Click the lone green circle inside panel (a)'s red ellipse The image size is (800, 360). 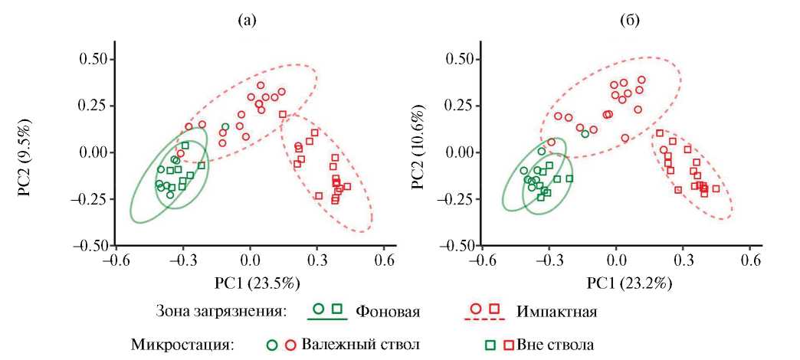(225, 126)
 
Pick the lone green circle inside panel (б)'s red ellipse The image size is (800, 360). (585, 134)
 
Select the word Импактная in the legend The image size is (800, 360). (556, 313)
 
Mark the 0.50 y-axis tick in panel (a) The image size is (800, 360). (93, 58)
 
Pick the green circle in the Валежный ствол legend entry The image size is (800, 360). (271, 343)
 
